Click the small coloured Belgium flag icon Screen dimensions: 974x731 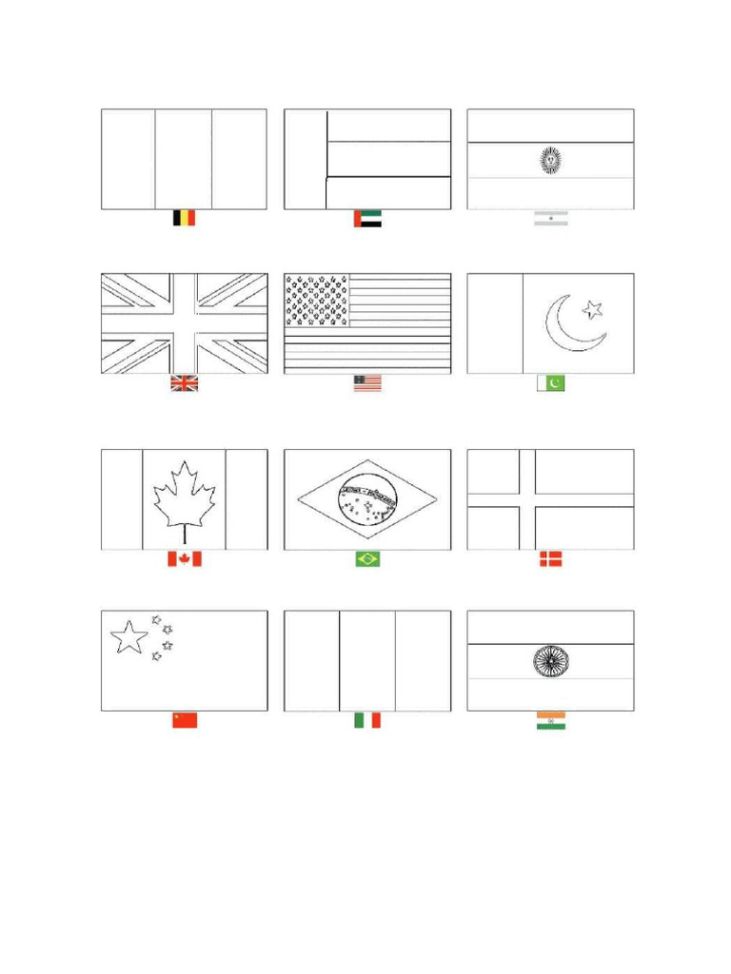[184, 218]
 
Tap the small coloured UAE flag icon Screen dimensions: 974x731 [367, 218]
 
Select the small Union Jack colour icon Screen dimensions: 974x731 [184, 383]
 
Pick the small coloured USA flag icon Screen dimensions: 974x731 [367, 382]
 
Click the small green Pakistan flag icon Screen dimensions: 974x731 [550, 382]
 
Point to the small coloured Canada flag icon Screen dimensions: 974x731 [184, 559]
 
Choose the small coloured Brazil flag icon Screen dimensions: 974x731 [367, 559]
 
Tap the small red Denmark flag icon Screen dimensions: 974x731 [550, 559]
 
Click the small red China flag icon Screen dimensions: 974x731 [184, 720]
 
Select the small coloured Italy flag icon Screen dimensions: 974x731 [367, 721]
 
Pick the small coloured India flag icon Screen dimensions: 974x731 [550, 721]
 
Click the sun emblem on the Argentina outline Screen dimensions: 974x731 [550, 160]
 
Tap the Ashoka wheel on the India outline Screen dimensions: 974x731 [550, 661]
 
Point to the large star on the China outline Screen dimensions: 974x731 [129, 636]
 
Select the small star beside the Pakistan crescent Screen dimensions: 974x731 [593, 308]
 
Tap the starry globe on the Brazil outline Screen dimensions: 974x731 [368, 497]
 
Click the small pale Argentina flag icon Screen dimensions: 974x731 [550, 218]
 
